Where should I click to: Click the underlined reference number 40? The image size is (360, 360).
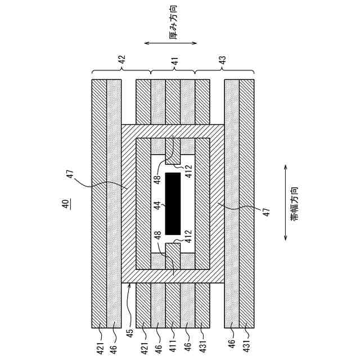pyautogui.click(x=66, y=204)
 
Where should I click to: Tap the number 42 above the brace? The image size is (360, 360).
pyautogui.click(x=121, y=58)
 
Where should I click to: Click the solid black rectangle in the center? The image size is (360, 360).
pyautogui.click(x=173, y=204)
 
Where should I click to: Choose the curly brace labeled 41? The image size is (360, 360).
pyautogui.click(x=173, y=71)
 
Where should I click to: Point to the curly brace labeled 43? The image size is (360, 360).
pyautogui.click(x=224, y=71)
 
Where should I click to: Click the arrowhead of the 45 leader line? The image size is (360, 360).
pyautogui.click(x=129, y=286)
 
